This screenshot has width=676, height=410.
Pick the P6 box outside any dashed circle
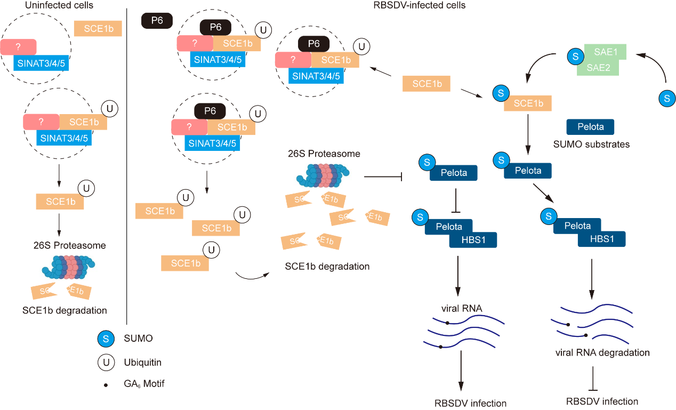(x=156, y=21)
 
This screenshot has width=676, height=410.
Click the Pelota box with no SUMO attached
(x=590, y=127)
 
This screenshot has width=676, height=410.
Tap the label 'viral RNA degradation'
(x=602, y=352)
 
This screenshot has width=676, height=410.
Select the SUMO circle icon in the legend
(x=106, y=338)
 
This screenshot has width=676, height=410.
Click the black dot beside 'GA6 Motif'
(x=106, y=384)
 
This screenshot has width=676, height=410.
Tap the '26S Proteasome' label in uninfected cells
(x=68, y=246)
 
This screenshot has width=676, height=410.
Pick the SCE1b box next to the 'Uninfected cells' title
(x=98, y=29)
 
